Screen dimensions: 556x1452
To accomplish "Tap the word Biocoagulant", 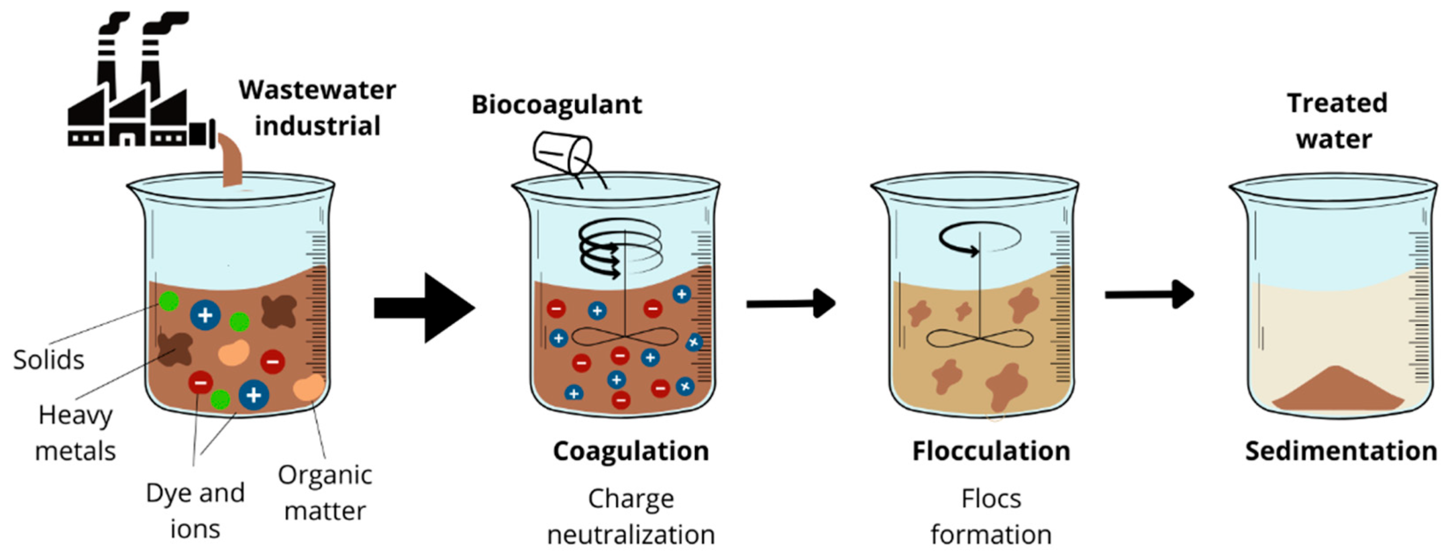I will (x=556, y=105).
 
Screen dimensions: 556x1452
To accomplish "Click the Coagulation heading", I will (x=631, y=452).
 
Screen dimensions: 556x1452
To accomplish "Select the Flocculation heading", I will (x=991, y=452).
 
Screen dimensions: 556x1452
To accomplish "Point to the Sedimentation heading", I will (x=1341, y=452).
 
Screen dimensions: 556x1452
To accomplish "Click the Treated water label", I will (x=1336, y=121).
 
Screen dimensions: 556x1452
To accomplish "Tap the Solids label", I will (x=49, y=360).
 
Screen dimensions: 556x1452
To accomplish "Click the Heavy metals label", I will (x=75, y=433).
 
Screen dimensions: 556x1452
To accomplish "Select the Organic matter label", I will (x=325, y=492).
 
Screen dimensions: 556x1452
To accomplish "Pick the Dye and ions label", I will (x=195, y=511).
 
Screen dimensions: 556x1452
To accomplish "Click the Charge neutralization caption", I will (x=631, y=516).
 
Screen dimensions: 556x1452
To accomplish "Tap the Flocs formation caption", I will (x=991, y=516).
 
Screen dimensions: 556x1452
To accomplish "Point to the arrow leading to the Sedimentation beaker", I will (x=1149, y=294).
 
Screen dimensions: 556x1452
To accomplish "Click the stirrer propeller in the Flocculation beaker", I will (x=980, y=339).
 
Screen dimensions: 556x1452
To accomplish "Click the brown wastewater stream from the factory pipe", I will (x=231, y=162).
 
